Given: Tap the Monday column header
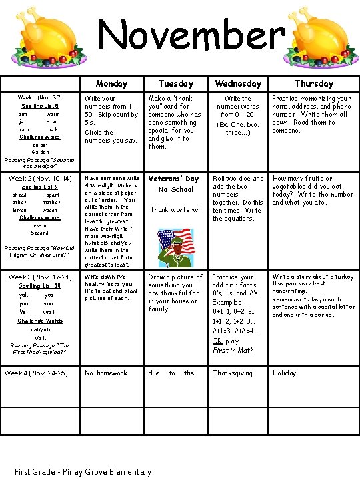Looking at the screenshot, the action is (111, 84).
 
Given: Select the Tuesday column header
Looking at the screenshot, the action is (176, 84).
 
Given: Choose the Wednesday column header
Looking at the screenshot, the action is (237, 84).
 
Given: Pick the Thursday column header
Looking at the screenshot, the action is (313, 84).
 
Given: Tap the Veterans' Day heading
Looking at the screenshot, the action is (173, 179).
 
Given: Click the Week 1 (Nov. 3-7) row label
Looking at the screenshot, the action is (39, 97).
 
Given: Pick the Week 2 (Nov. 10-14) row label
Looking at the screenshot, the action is (39, 179).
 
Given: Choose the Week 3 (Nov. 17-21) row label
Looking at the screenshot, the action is (39, 277).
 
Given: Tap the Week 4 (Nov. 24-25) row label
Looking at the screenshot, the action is (37, 373).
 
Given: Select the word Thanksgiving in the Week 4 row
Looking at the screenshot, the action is (232, 373).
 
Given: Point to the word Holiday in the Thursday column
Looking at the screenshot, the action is (284, 373).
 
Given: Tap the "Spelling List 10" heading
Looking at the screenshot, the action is (39, 286).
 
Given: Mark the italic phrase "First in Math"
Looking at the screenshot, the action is (233, 350).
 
